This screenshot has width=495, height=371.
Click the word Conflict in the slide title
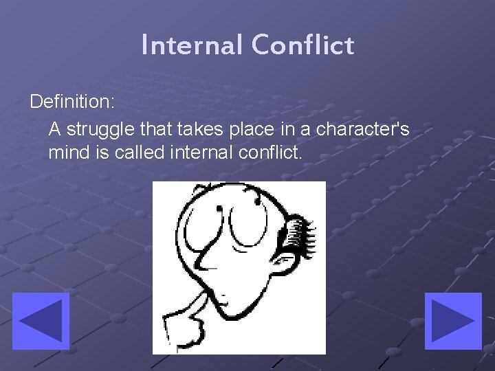302,45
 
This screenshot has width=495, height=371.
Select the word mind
67,153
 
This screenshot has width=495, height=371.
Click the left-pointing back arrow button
41,321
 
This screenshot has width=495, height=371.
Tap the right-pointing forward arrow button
453,321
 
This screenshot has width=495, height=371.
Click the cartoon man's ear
281,262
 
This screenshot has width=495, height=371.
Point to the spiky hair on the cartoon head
302,237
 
